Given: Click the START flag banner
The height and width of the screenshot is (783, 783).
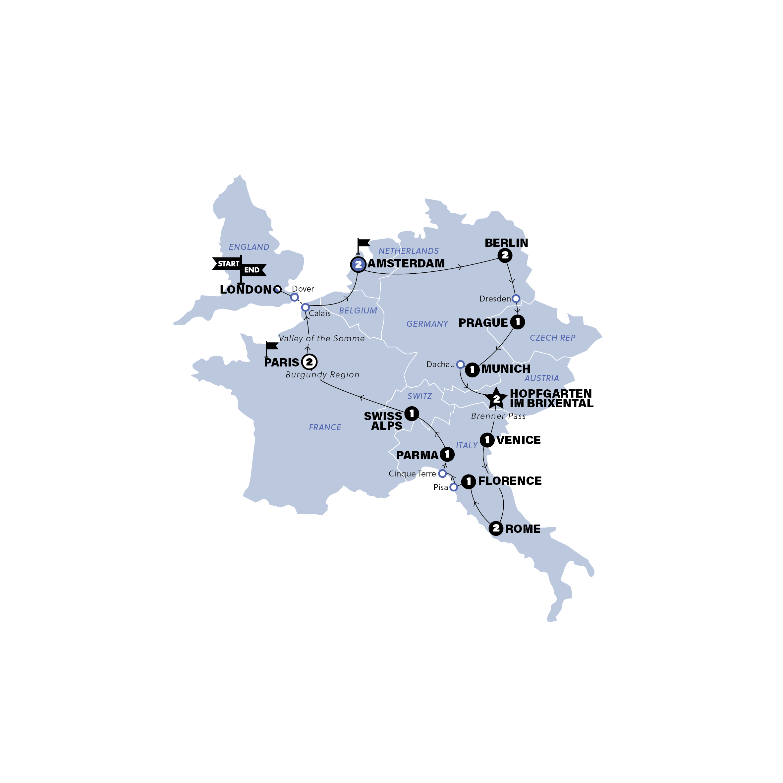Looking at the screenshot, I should coord(227,264).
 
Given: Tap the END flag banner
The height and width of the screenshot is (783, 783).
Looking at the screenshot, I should coord(253,270).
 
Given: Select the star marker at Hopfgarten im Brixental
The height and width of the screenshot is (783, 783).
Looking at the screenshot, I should coord(496,398).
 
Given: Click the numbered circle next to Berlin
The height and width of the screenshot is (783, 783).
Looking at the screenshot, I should coord(505,255).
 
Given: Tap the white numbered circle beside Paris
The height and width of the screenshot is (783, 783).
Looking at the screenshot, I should coord(309,362).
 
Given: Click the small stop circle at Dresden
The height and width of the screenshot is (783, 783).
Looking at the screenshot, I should coord(516,299).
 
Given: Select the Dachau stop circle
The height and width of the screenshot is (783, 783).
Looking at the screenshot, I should coord(460,364).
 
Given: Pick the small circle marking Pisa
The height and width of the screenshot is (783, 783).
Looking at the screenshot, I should coord(454,487).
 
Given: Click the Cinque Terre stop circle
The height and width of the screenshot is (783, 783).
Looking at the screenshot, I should coord(443,474).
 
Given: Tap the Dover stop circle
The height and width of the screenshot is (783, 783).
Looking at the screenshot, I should coord(295,298).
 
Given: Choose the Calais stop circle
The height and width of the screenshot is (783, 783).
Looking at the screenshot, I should coord(305,308).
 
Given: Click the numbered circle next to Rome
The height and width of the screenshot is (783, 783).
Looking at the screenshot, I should coord(496,529).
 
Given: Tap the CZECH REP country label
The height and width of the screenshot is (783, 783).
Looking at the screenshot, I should coord(552,338).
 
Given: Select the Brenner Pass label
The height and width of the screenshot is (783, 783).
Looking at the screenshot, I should coord(498,416).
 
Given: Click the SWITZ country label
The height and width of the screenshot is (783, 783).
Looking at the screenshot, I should coord(419,396).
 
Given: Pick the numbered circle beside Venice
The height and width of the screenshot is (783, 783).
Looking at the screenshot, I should coord(487,440).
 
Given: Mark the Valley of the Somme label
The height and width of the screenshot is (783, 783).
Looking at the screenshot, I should coord(322,338).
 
